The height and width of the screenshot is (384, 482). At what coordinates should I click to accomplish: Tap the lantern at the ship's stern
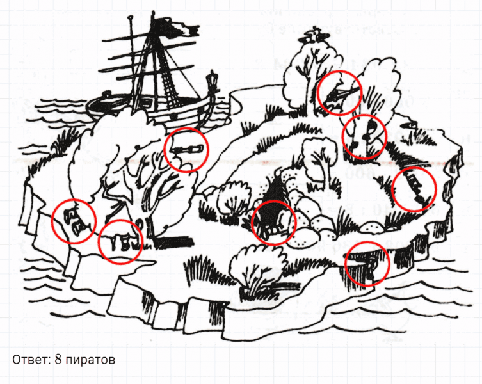coord(212,81)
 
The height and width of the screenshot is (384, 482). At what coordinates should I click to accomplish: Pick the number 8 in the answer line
coord(58,359)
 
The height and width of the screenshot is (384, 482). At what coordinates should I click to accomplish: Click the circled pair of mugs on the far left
coord(73,221)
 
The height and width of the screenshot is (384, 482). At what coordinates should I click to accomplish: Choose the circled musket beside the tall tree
coord(340,92)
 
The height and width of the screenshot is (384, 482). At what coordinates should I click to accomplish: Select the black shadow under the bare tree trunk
coord(174,243)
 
